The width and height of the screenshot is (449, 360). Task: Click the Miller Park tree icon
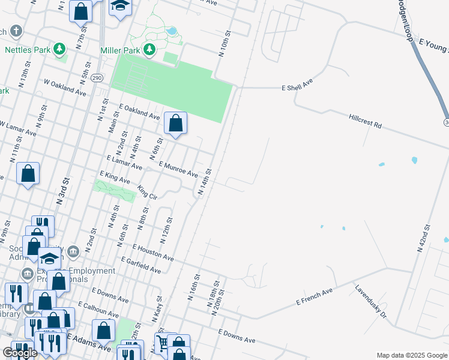click(149, 50)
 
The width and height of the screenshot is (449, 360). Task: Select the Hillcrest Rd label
click(365, 122)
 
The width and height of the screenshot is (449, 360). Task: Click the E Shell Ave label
click(298, 87)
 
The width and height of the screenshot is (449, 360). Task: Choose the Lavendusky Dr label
click(370, 301)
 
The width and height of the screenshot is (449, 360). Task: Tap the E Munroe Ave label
click(178, 169)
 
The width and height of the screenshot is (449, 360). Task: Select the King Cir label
click(146, 192)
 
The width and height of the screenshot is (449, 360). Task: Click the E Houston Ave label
click(153, 252)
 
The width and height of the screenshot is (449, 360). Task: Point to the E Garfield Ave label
click(140, 266)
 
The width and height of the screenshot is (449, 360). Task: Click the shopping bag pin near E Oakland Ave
click(175, 124)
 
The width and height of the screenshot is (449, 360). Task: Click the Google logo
click(20, 353)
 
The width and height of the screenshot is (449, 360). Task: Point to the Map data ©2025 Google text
click(411, 355)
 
